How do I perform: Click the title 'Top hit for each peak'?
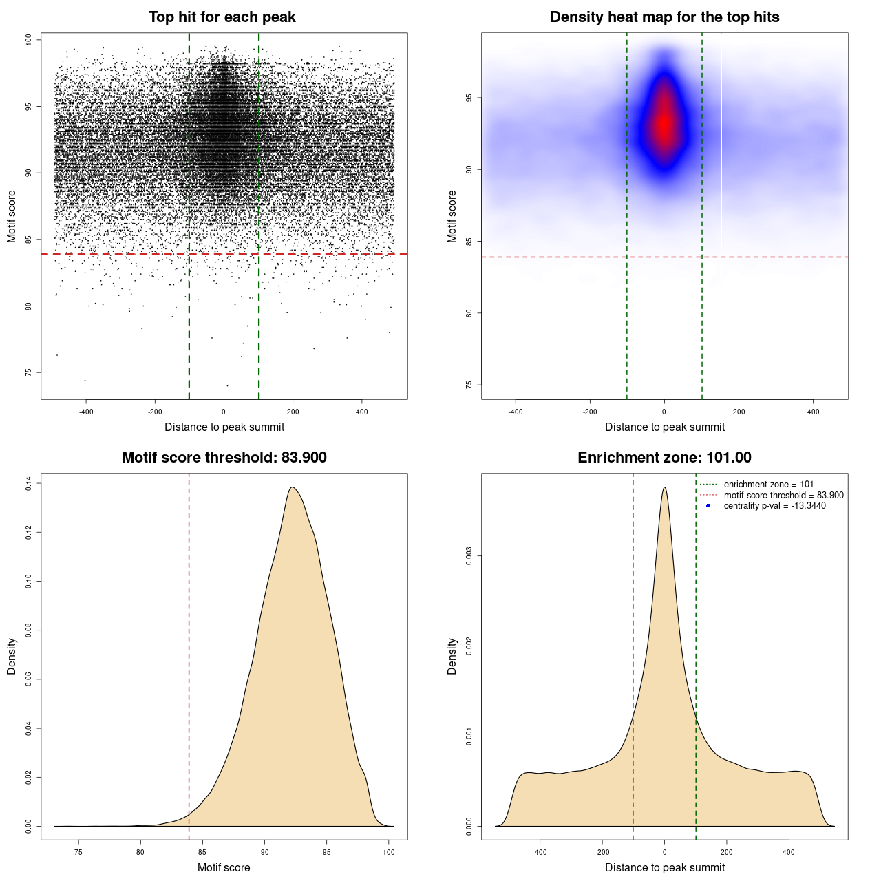[222, 17]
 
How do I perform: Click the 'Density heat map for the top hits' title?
[664, 17]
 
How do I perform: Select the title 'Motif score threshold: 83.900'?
[224, 458]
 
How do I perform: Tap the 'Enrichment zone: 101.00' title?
[664, 458]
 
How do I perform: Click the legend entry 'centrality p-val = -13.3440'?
[774, 506]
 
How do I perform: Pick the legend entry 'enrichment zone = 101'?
[768, 485]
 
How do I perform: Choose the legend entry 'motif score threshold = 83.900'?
[783, 496]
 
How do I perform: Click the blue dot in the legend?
[708, 506]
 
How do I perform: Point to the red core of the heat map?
[664, 124]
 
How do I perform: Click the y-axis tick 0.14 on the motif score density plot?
[29, 484]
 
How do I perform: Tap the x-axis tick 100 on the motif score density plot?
[389, 852]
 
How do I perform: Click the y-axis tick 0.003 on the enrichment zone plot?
[469, 556]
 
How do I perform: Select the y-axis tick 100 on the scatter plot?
[29, 40]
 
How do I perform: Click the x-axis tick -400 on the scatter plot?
[86, 412]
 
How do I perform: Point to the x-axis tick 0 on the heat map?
[664, 412]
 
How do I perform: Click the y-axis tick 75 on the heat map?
[469, 385]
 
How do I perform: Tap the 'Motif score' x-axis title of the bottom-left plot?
[224, 867]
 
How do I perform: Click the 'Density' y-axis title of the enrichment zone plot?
[452, 656]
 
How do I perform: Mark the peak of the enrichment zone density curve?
[664, 487]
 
